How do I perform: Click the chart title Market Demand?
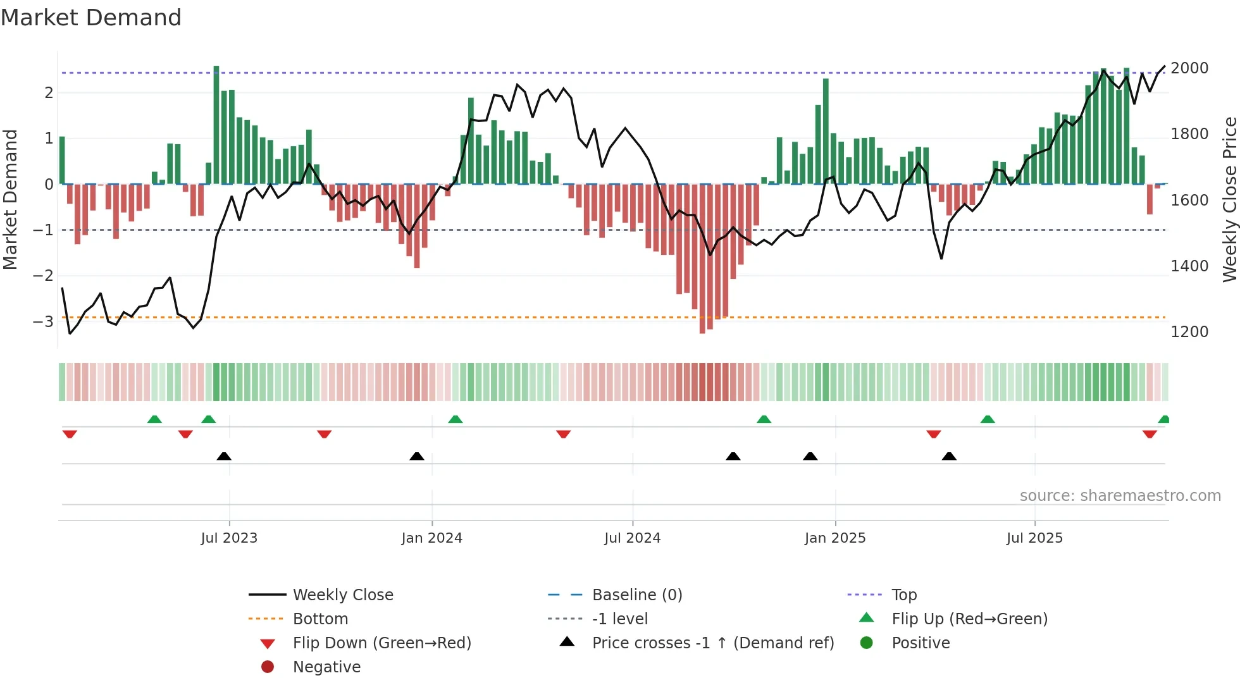(91, 18)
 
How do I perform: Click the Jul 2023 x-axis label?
(229, 538)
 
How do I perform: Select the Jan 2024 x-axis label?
(431, 538)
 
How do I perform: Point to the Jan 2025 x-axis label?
(834, 538)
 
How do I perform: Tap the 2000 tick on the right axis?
(1189, 68)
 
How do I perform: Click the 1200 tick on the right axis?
(1189, 332)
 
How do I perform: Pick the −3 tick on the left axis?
(43, 321)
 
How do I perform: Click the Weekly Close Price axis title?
(1229, 199)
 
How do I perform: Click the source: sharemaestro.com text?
(1120, 496)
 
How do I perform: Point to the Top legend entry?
(903, 595)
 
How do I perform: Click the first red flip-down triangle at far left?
(70, 434)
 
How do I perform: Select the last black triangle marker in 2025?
(949, 456)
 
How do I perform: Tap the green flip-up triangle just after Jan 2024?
(456, 419)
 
